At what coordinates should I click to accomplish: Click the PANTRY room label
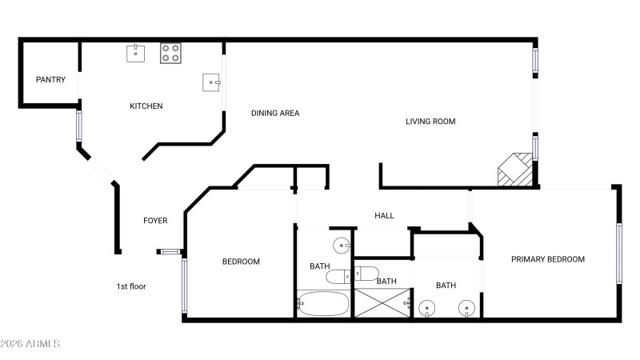coord(50,79)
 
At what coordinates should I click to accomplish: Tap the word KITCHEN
coord(146,106)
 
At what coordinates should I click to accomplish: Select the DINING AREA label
coord(275,113)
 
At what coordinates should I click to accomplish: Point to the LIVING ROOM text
coord(430,122)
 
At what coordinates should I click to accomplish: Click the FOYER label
coord(155,221)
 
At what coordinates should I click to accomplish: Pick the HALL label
coord(384,215)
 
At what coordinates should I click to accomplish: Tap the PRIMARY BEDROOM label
coord(548,259)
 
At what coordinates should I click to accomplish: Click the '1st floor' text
coord(131,286)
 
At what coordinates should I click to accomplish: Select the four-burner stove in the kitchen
coord(170,53)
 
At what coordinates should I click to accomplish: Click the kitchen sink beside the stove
coord(135,54)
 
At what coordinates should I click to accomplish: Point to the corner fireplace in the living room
coord(515,170)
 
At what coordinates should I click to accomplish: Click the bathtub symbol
coord(323,304)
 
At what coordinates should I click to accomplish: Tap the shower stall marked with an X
coord(382,302)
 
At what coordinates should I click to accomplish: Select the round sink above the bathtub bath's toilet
coord(342,246)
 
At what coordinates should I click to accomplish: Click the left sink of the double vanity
coord(426,309)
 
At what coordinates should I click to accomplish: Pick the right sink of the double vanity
coord(466,309)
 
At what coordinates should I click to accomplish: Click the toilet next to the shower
coord(366,274)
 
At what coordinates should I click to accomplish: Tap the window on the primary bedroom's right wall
coord(618,254)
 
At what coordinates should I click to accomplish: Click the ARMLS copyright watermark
coord(30,344)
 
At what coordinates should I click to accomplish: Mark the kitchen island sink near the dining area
coord(211,82)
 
